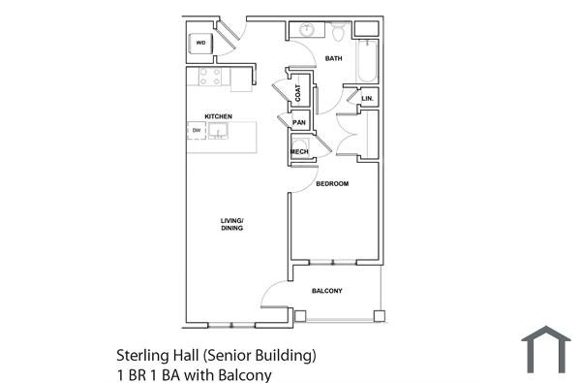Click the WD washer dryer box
201,44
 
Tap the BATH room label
333,59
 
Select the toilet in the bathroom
338,31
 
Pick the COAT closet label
298,93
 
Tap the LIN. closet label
367,99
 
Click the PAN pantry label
299,123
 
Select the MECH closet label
299,151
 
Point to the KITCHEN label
218,116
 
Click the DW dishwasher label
197,130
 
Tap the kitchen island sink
219,130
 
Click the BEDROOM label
332,183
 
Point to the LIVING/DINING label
231,225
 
